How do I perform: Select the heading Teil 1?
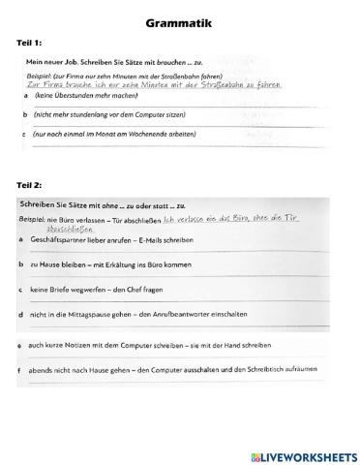31,44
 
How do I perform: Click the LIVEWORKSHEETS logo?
299,455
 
